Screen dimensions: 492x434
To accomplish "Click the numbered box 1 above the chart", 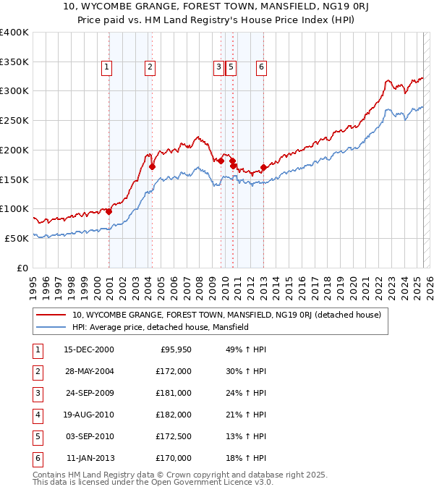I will pyautogui.click(x=106, y=68).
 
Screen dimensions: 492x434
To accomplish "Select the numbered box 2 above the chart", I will pyautogui.click(x=150, y=68).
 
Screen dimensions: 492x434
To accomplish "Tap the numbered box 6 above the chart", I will pyautogui.click(x=261, y=68).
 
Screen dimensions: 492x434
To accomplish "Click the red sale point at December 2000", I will pyautogui.click(x=109, y=212).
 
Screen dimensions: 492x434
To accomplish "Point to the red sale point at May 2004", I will pyautogui.click(x=153, y=166).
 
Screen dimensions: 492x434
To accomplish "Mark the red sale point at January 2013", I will pyautogui.click(x=263, y=168).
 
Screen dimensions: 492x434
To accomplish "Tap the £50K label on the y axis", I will pyautogui.click(x=17, y=238).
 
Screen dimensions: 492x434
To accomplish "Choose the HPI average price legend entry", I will pyautogui.click(x=160, y=327).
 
